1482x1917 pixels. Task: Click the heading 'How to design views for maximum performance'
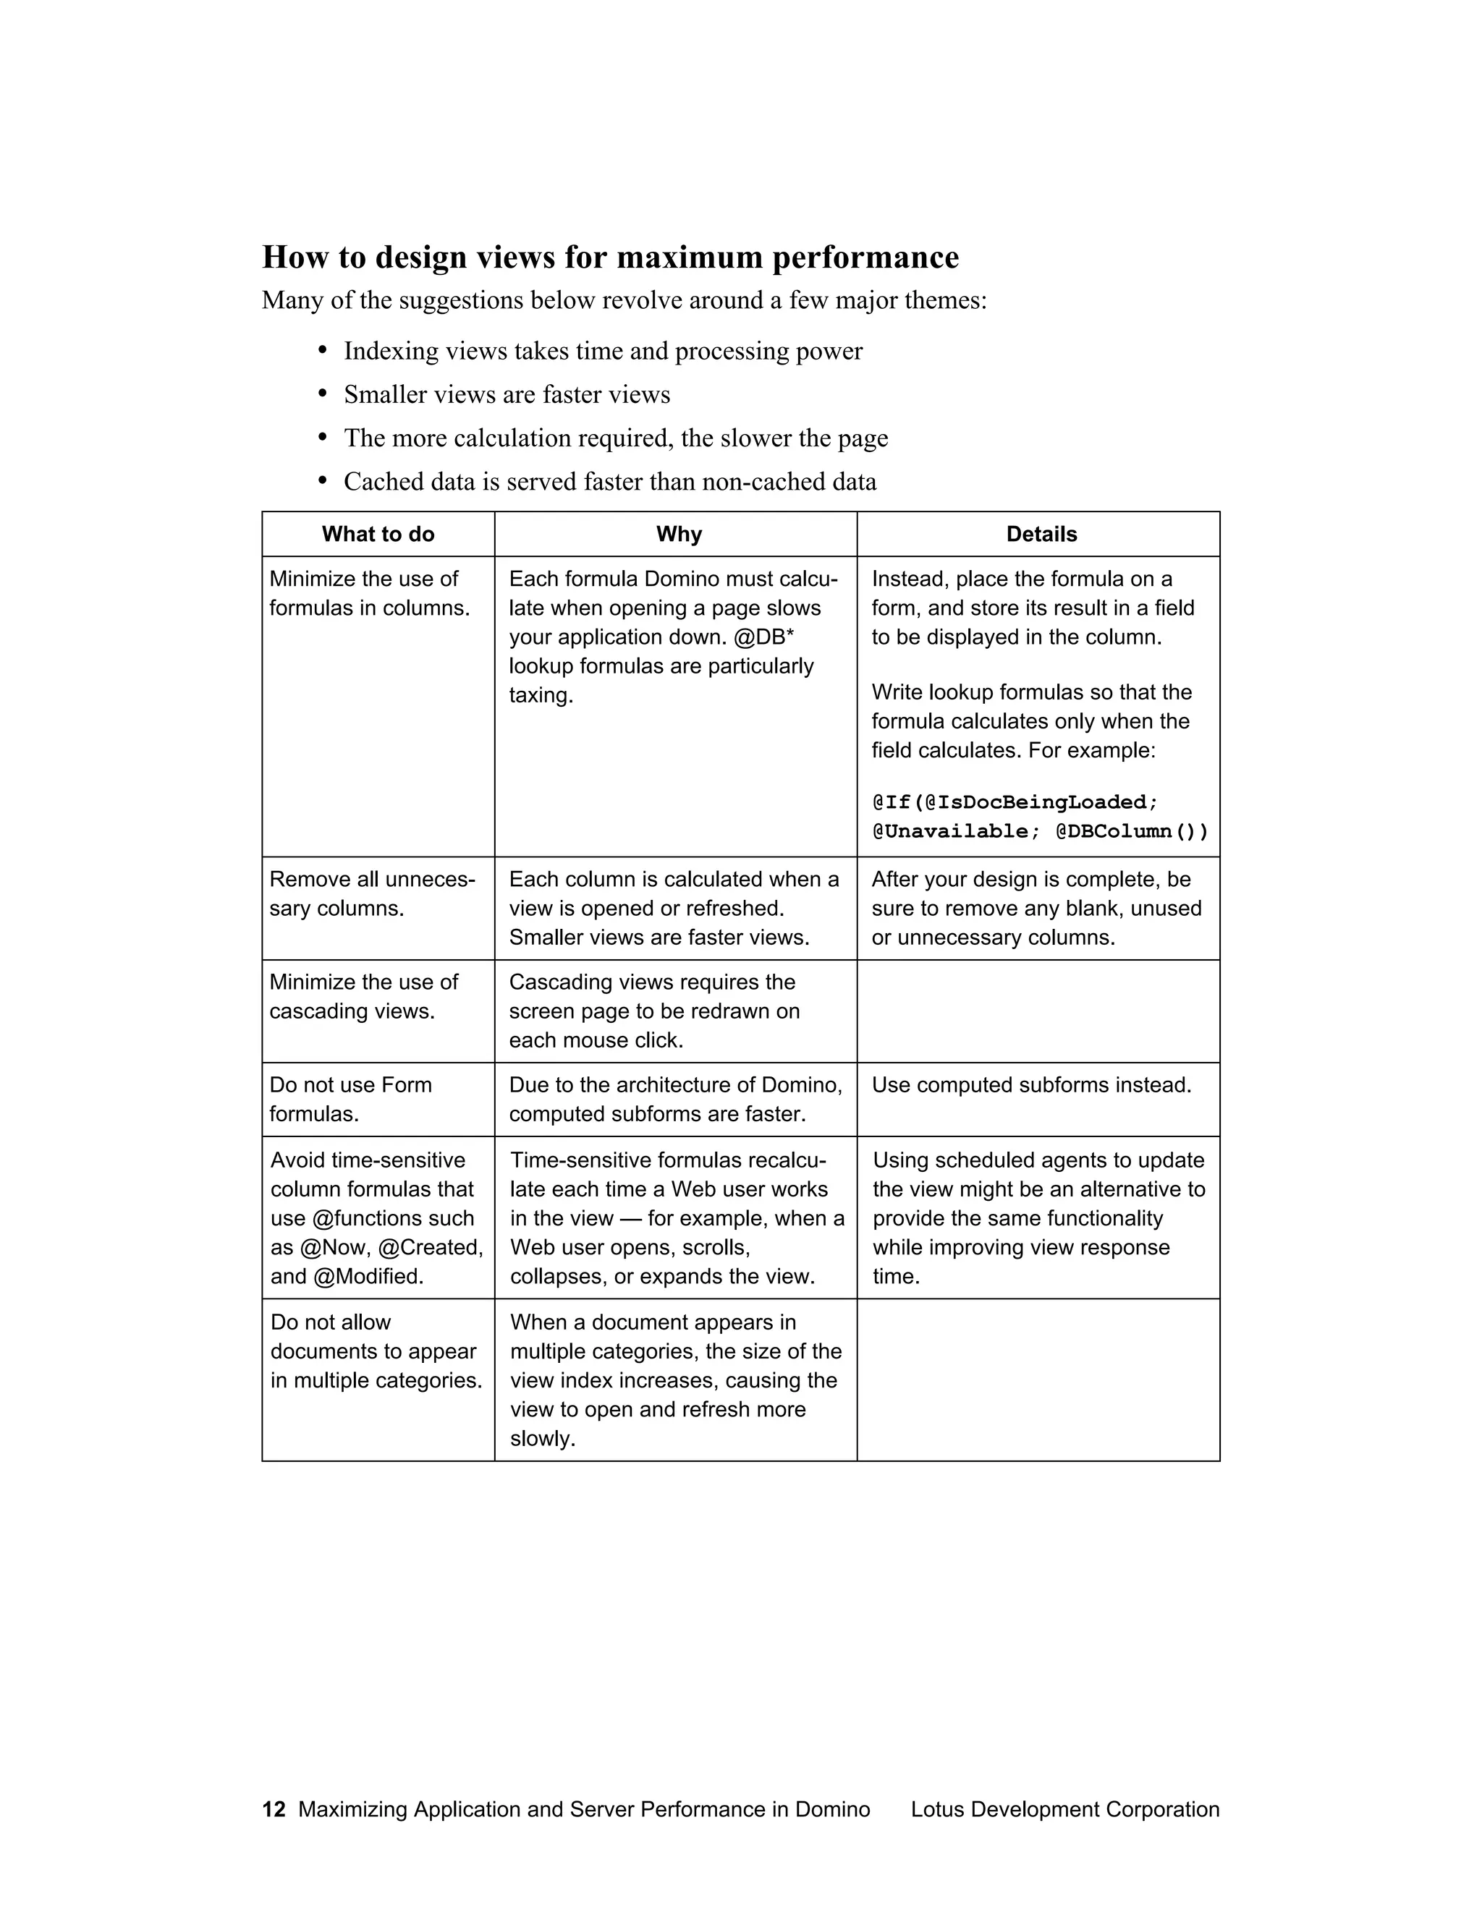610,258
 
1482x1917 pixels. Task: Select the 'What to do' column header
378,534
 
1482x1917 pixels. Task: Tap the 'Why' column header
679,534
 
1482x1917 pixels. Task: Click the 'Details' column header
1041,534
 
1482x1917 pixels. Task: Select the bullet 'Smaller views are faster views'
507,394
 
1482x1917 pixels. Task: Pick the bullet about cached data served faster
609,481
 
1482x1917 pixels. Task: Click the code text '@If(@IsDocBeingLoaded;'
1015,802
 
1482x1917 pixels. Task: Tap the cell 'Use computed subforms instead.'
1032,1085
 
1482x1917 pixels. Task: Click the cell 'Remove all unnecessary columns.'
372,893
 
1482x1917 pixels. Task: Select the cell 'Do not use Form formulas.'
350,1099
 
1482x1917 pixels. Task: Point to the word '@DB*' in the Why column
764,637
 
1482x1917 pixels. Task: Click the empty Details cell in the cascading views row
1038,1011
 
